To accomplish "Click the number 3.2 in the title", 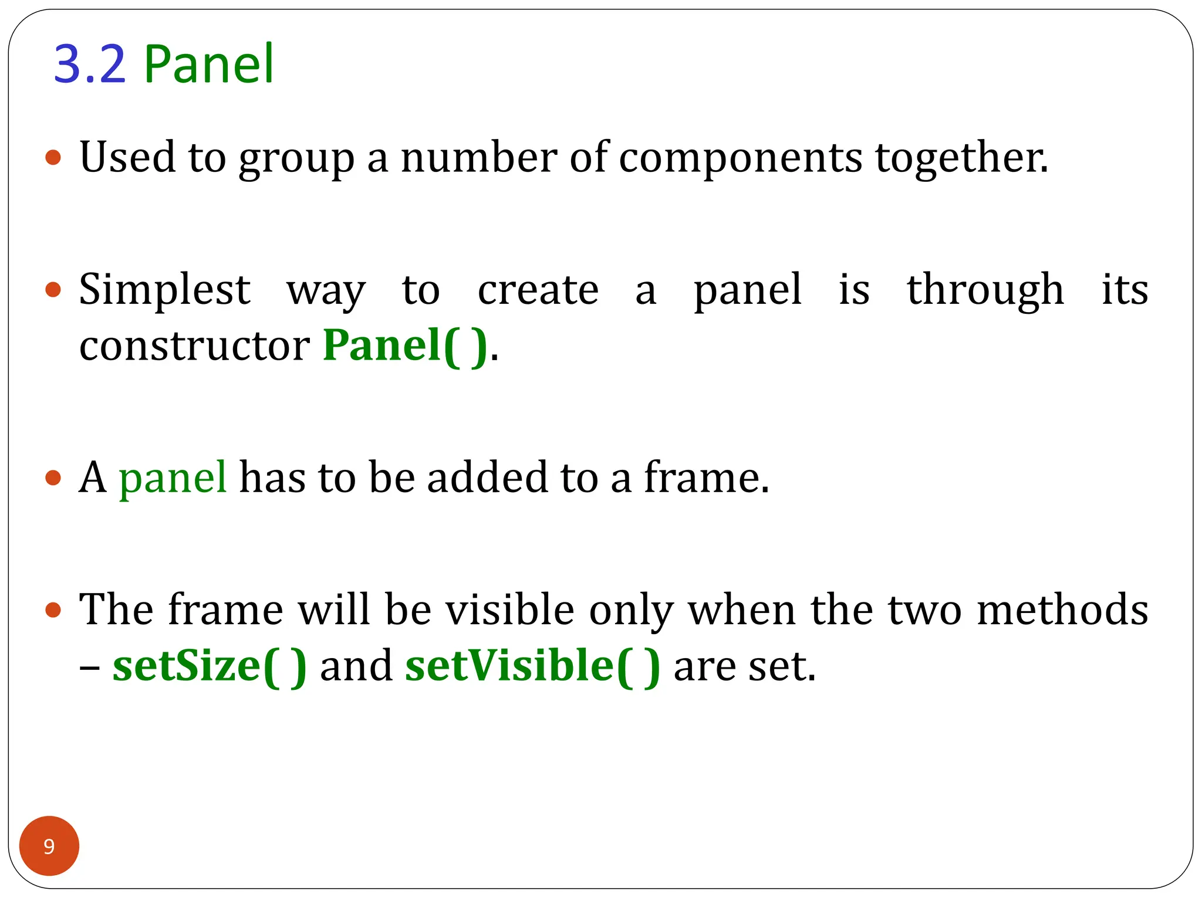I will [x=90, y=64].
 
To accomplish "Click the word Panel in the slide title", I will [x=208, y=64].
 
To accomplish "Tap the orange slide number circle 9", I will [x=49, y=846].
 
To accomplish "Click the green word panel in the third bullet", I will [x=173, y=477].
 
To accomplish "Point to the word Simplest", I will [x=165, y=290].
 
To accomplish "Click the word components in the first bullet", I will [x=740, y=158].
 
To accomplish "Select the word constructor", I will [x=194, y=346].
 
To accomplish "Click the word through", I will [x=985, y=290].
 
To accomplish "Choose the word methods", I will [x=1062, y=610].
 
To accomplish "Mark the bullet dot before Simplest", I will [x=53, y=290].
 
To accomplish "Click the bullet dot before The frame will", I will [x=53, y=610].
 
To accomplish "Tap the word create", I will [x=538, y=290].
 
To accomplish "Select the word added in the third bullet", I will [x=487, y=477].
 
